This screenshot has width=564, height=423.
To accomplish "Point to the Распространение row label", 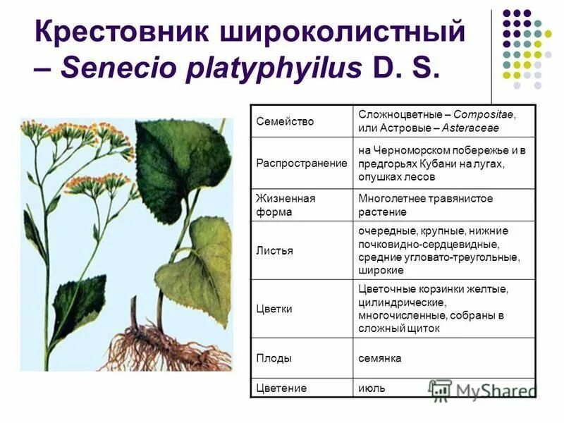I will tap(302, 163).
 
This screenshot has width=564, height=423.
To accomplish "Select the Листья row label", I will tap(275, 250).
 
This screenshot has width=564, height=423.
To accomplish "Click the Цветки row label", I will tap(274, 309).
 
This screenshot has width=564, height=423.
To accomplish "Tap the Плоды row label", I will tap(274, 358).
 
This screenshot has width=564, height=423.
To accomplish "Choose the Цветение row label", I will tap(281, 388).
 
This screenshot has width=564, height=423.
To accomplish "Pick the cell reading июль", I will tap(372, 388).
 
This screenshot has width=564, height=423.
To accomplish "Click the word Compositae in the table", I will tap(484, 114).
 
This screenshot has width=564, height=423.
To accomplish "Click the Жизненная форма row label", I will tap(286, 205).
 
